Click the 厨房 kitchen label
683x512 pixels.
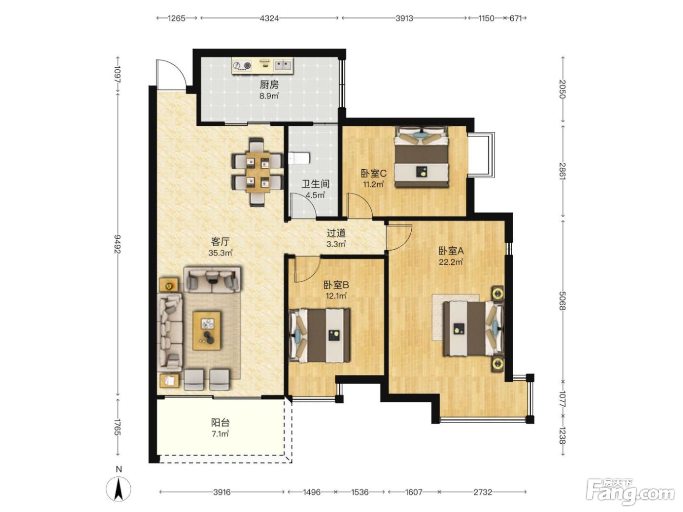coord(269,84)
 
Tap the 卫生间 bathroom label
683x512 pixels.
coord(316,184)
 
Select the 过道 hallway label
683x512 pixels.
coord(336,233)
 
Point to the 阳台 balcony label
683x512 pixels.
coord(221,422)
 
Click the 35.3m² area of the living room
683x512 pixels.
coord(221,253)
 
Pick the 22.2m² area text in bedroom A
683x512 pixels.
coord(451,262)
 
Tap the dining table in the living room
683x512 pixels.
coord(258,172)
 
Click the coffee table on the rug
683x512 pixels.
coord(207,331)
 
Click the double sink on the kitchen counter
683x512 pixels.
coord(283,65)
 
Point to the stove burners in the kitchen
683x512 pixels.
coord(242,66)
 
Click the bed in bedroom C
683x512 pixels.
coord(422,157)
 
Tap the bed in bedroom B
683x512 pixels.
coord(320,335)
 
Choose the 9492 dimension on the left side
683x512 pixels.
coord(117,244)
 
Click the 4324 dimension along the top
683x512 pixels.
coord(269,19)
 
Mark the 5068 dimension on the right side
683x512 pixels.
coord(562,300)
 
